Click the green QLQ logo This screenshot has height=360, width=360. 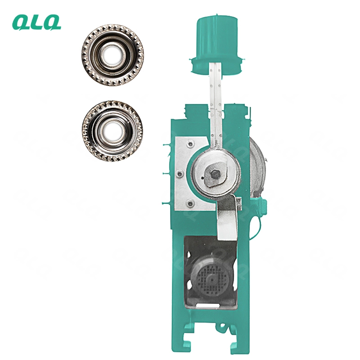pyautogui.click(x=37, y=22)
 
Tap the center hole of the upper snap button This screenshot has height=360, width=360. pyautogui.click(x=112, y=54)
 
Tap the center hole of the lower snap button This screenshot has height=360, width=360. pyautogui.click(x=112, y=130)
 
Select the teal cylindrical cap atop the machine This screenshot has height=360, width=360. pyautogui.click(x=216, y=37)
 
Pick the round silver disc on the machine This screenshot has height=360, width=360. pyautogui.click(x=216, y=173)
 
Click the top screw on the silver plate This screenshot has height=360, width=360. pyautogui.click(x=190, y=144)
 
